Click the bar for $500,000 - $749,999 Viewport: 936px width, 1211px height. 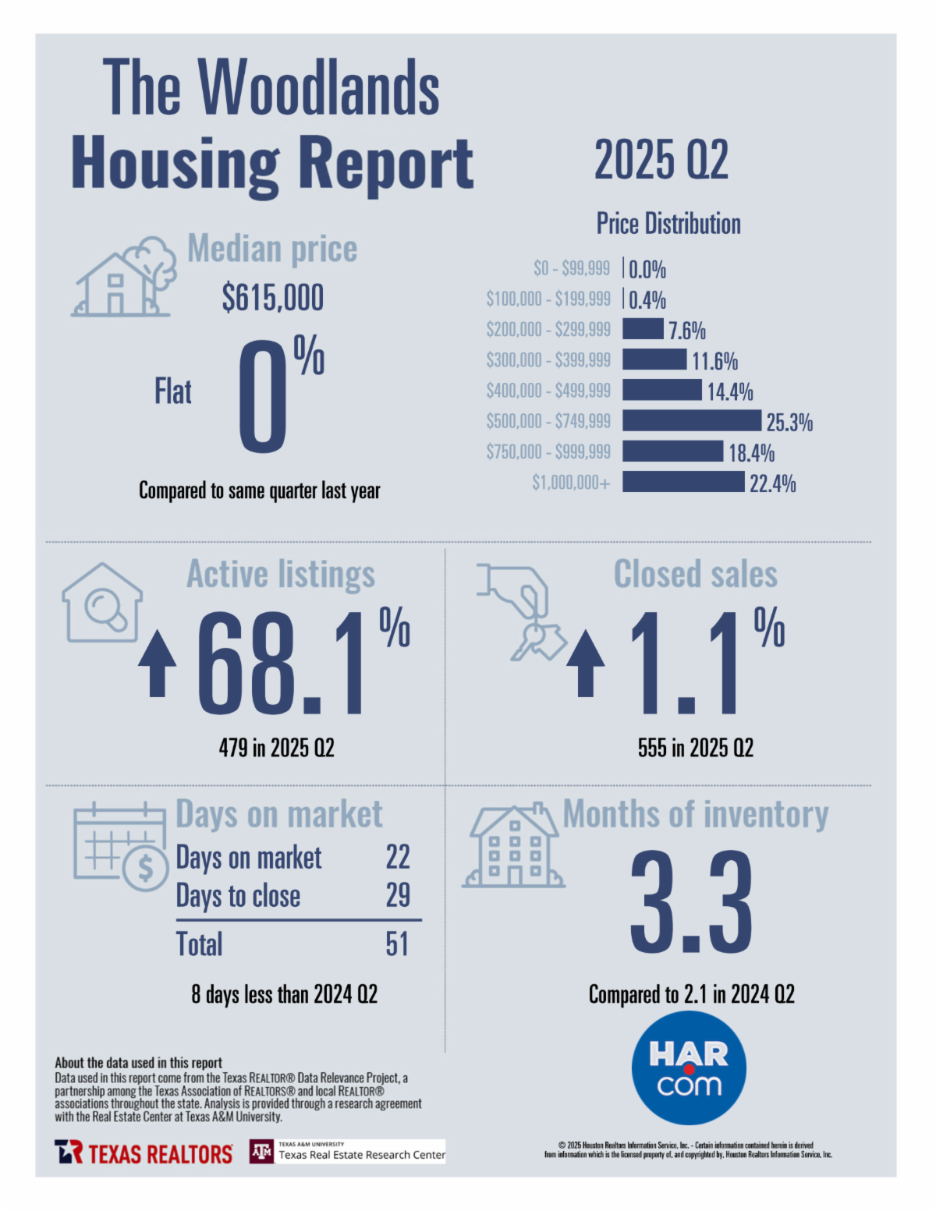tap(691, 420)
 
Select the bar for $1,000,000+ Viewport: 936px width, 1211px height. tap(683, 482)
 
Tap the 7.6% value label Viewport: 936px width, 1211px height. tap(686, 331)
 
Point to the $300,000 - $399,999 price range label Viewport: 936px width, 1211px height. tap(548, 360)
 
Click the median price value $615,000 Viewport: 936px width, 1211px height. tap(272, 298)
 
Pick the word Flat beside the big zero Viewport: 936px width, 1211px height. tap(173, 391)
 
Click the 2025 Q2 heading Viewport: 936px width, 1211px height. tap(661, 160)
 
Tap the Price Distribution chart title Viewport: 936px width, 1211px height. tap(668, 224)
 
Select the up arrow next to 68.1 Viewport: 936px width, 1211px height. tap(157, 663)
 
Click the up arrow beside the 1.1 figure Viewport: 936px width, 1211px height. tap(585, 663)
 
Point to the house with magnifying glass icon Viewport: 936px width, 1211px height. tap(102, 603)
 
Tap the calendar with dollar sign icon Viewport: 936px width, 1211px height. tap(121, 846)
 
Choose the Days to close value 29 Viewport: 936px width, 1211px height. tap(398, 895)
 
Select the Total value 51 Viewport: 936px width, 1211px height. tap(397, 944)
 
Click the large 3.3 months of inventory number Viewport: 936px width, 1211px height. tap(691, 902)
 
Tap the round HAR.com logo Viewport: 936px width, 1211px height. tap(689, 1068)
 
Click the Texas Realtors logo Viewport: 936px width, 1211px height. tap(144, 1153)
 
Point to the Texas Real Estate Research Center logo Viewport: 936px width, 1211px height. tap(348, 1152)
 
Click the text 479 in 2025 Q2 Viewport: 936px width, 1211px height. tap(276, 748)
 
